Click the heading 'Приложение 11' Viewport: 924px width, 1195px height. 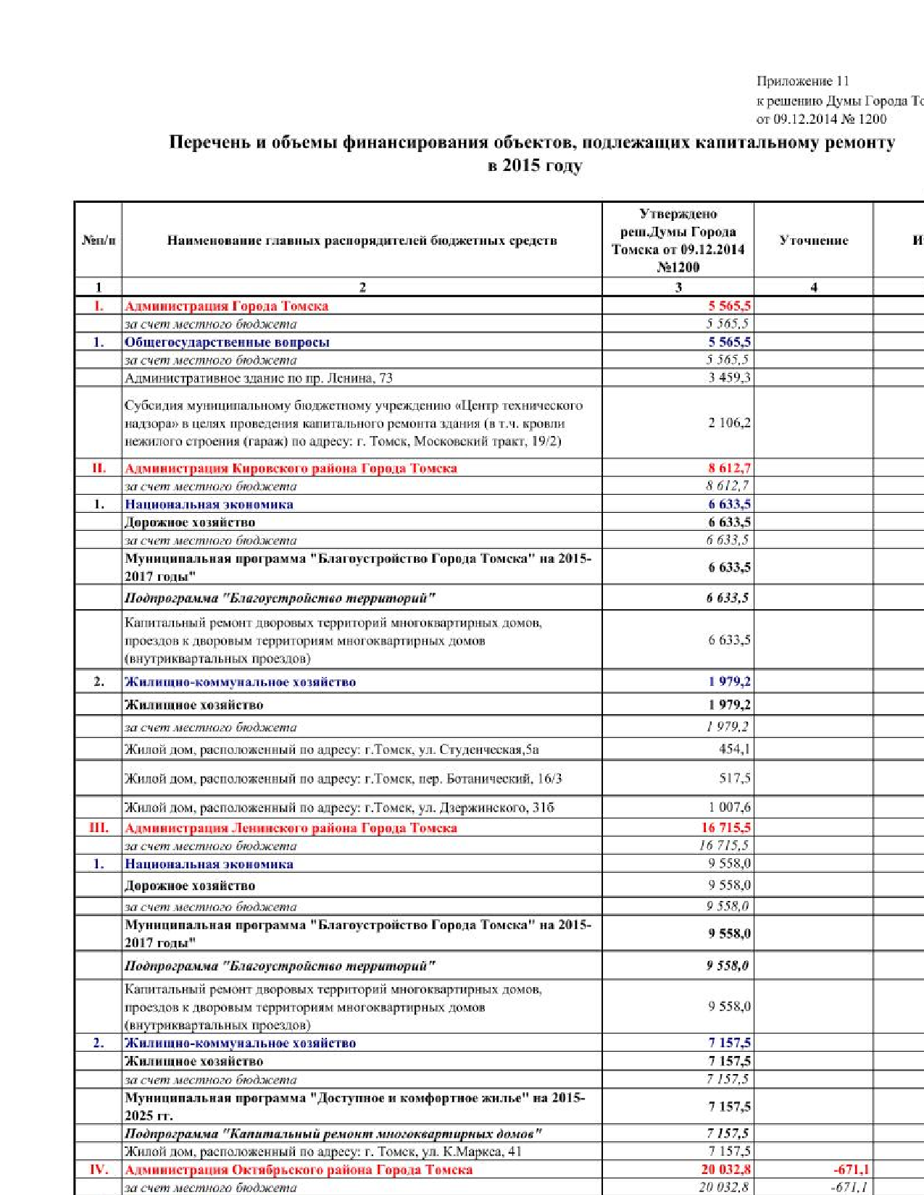click(802, 81)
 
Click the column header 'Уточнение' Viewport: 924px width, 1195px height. click(813, 240)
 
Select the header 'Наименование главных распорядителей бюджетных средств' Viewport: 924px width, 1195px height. click(362, 240)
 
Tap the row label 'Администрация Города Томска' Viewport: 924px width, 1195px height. click(226, 306)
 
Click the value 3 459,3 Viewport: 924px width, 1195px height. click(729, 377)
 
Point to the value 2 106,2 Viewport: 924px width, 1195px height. click(729, 422)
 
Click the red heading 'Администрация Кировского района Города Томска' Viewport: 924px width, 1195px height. click(291, 468)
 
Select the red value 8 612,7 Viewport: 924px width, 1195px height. click(729, 468)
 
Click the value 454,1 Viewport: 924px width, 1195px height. click(734, 749)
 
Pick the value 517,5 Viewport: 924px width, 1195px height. click(734, 778)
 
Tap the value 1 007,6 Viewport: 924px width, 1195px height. click(729, 807)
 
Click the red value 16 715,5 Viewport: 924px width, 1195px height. click(725, 827)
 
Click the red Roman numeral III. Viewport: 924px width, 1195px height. click(99, 827)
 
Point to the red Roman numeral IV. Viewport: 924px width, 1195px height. click(99, 1169)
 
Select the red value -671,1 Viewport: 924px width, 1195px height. click(851, 1169)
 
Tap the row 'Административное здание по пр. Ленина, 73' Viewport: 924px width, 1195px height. click(258, 377)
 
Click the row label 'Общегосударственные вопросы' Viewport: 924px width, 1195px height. click(227, 342)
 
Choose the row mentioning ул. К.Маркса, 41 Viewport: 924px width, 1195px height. click(322, 1151)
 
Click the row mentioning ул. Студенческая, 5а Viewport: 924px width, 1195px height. click(331, 749)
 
